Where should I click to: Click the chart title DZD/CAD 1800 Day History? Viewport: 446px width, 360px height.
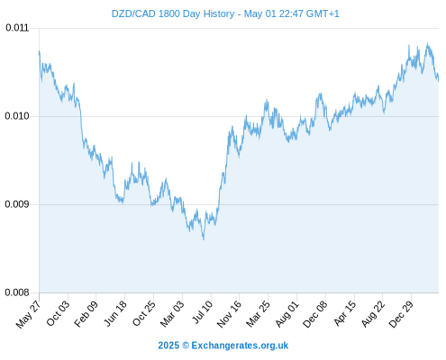(173, 13)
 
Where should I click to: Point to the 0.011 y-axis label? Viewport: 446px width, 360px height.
(17, 28)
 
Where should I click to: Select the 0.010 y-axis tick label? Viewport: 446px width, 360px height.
(17, 116)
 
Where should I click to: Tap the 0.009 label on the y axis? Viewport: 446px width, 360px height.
(17, 204)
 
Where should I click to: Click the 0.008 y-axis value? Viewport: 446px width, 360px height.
(17, 292)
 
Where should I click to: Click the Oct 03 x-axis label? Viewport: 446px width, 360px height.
(59, 313)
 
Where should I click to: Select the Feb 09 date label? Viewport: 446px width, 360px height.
(86, 314)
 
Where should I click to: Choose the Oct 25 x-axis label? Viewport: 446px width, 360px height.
(144, 314)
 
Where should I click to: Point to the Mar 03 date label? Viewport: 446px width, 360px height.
(172, 314)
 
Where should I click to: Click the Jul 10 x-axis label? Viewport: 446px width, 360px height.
(203, 312)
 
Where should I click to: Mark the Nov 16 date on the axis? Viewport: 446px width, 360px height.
(230, 314)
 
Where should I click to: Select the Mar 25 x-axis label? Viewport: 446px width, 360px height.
(259, 314)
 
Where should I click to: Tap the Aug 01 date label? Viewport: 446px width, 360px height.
(287, 314)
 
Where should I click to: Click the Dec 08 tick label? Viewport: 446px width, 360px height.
(315, 314)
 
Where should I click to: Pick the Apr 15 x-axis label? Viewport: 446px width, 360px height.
(345, 313)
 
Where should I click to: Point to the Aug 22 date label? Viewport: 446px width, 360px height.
(373, 314)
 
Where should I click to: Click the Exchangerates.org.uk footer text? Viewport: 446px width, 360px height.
(240, 346)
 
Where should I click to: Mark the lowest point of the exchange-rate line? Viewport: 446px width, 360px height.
(204, 239)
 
